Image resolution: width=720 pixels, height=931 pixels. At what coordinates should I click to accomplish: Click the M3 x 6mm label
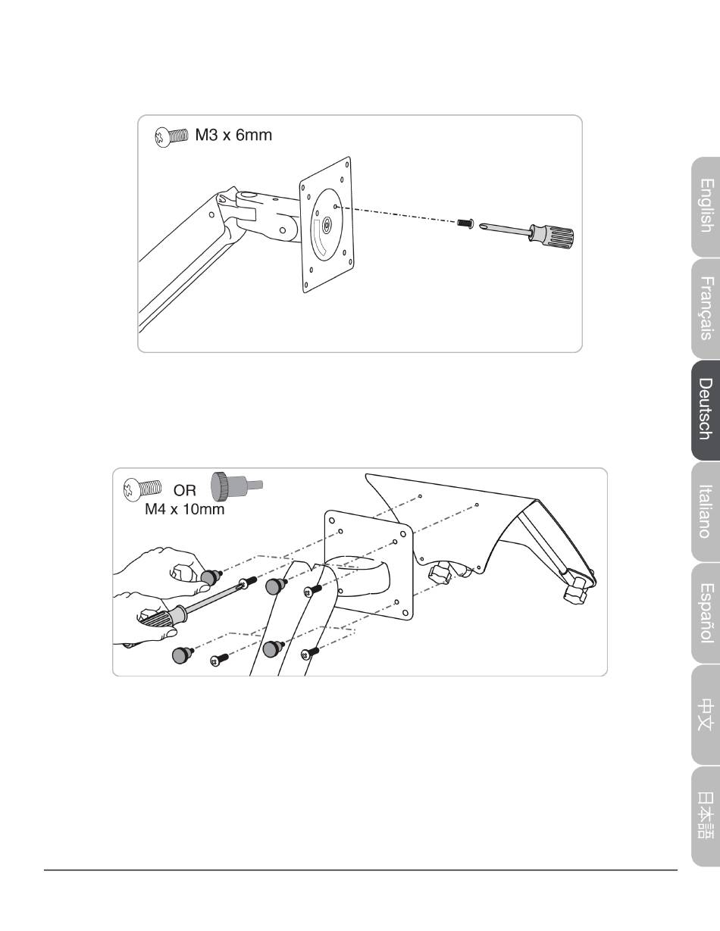click(233, 135)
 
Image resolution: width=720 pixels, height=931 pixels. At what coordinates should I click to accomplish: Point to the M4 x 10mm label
click(185, 509)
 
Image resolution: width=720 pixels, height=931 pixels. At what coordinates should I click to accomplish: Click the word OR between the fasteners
click(185, 490)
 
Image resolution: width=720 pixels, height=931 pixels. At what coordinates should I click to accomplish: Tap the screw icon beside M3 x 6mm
click(171, 137)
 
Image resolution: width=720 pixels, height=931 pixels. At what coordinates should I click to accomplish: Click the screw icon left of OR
click(142, 489)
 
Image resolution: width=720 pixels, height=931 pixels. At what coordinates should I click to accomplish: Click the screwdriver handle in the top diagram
click(552, 235)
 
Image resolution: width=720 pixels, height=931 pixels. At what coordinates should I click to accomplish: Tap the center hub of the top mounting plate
click(327, 224)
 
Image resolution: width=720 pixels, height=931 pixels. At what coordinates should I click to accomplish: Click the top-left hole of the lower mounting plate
click(331, 520)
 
